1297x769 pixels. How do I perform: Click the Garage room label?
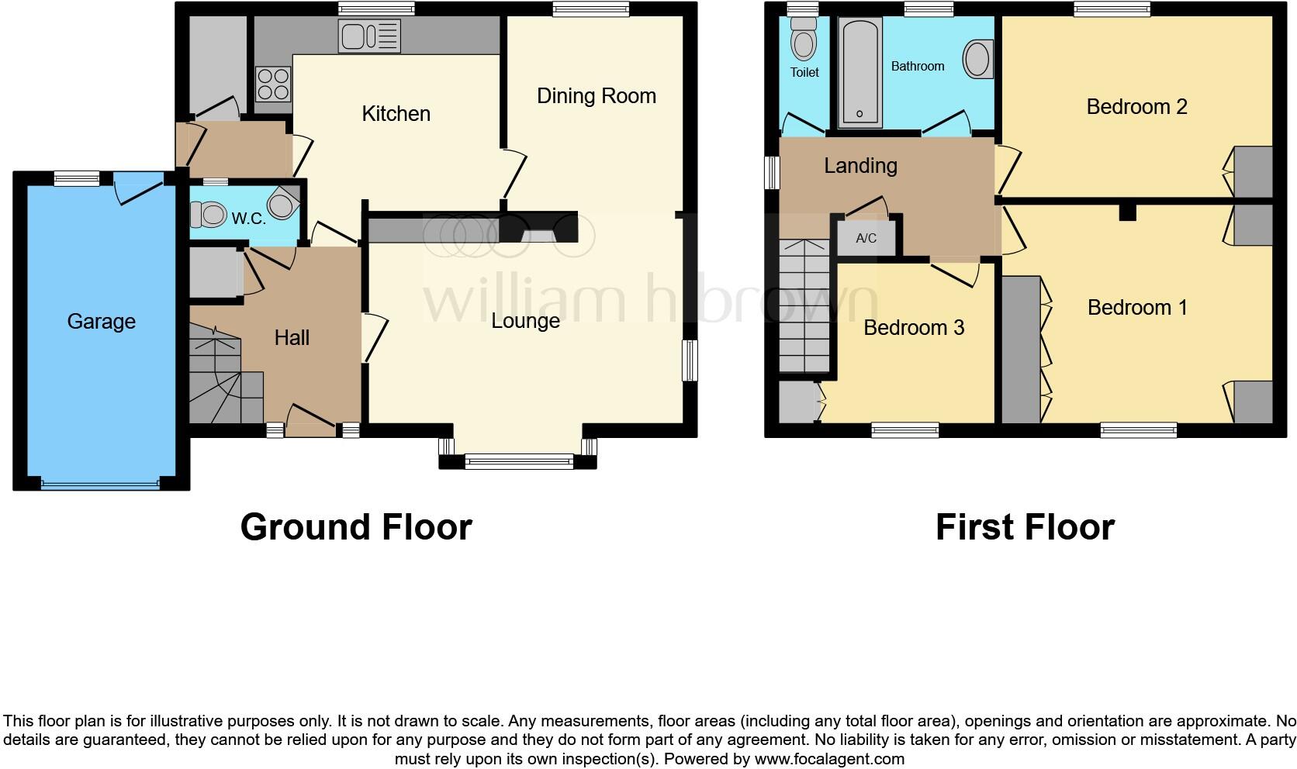101,321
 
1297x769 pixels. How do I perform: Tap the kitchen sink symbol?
369,36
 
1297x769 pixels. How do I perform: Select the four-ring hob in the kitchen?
273,84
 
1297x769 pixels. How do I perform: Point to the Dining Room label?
596,96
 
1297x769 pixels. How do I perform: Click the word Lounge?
525,321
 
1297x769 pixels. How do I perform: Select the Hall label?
292,337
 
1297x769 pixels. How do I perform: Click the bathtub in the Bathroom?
859,74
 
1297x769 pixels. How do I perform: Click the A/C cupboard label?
866,238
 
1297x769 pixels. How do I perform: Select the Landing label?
860,165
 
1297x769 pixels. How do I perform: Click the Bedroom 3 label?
913,327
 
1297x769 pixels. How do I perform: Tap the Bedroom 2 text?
1136,106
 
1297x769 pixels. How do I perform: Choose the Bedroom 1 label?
1136,308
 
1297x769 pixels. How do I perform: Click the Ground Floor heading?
356,527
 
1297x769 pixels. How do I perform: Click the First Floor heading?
1024,527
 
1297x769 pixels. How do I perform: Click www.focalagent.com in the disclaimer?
828,759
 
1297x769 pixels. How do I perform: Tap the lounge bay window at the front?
518,462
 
